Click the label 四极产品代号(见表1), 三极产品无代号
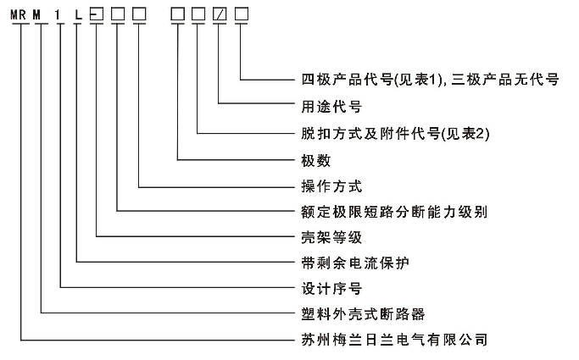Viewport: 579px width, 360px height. (x=430, y=80)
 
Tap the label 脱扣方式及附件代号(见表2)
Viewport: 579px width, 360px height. (x=385, y=133)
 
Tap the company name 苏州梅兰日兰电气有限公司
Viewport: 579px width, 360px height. (x=393, y=341)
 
